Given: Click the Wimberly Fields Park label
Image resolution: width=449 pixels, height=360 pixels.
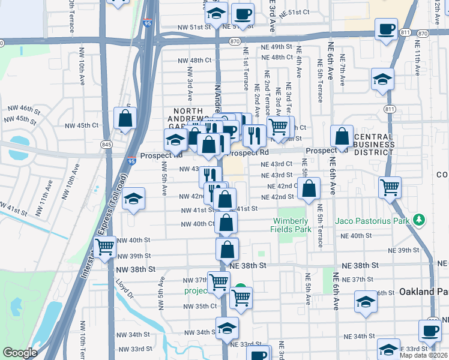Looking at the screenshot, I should pos(294,225).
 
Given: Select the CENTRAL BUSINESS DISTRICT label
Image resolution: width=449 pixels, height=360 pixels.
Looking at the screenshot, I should pos(374,145).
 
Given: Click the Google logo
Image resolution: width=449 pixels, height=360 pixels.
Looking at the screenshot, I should pos(20,353).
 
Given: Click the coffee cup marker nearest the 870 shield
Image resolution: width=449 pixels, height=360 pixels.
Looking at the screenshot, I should pos(243,14).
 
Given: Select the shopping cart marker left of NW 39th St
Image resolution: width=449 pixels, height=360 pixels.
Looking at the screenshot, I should pos(105,247).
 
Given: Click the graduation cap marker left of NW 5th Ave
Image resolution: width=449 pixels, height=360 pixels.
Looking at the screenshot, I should pos(134,199).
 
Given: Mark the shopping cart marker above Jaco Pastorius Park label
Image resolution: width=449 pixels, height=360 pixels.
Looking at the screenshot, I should pos(390,187).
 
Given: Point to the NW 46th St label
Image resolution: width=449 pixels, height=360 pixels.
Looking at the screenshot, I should pos(22,109).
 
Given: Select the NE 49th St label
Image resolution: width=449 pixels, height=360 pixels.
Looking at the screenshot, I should pos(276,46).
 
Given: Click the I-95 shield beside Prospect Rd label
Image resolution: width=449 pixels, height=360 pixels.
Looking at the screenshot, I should pos(131,161).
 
